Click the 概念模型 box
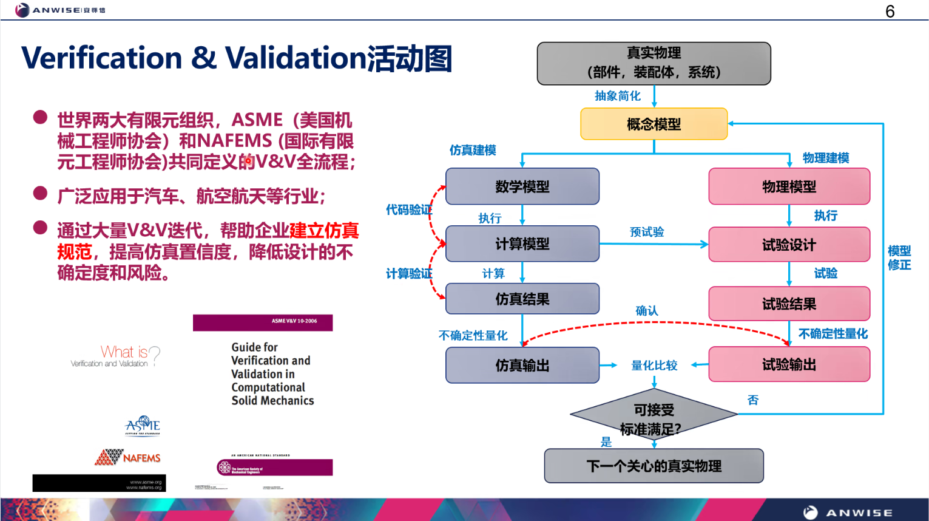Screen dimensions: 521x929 (x=654, y=124)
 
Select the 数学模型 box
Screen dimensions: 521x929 (x=522, y=186)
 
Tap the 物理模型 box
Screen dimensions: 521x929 (x=789, y=186)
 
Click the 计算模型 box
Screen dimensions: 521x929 (x=522, y=243)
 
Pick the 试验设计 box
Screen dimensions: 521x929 (x=789, y=245)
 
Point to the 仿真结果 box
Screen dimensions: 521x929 (x=522, y=299)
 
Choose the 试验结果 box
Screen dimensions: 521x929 (x=789, y=304)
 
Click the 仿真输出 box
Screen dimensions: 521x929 (x=522, y=365)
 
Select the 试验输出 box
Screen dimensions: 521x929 (x=789, y=364)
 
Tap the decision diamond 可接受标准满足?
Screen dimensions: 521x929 (x=654, y=417)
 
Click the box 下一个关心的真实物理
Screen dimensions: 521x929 (x=654, y=466)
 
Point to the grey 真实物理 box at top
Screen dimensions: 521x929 (x=654, y=63)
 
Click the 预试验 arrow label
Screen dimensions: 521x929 (x=647, y=232)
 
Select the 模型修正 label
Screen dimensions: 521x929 (x=899, y=257)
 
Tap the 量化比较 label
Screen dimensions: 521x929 (x=654, y=365)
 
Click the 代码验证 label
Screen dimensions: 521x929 (x=408, y=210)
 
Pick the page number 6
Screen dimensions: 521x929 (x=890, y=12)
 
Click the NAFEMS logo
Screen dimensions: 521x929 (x=128, y=457)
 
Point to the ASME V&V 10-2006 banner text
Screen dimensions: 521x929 (x=294, y=321)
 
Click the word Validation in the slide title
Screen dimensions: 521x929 (x=296, y=58)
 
